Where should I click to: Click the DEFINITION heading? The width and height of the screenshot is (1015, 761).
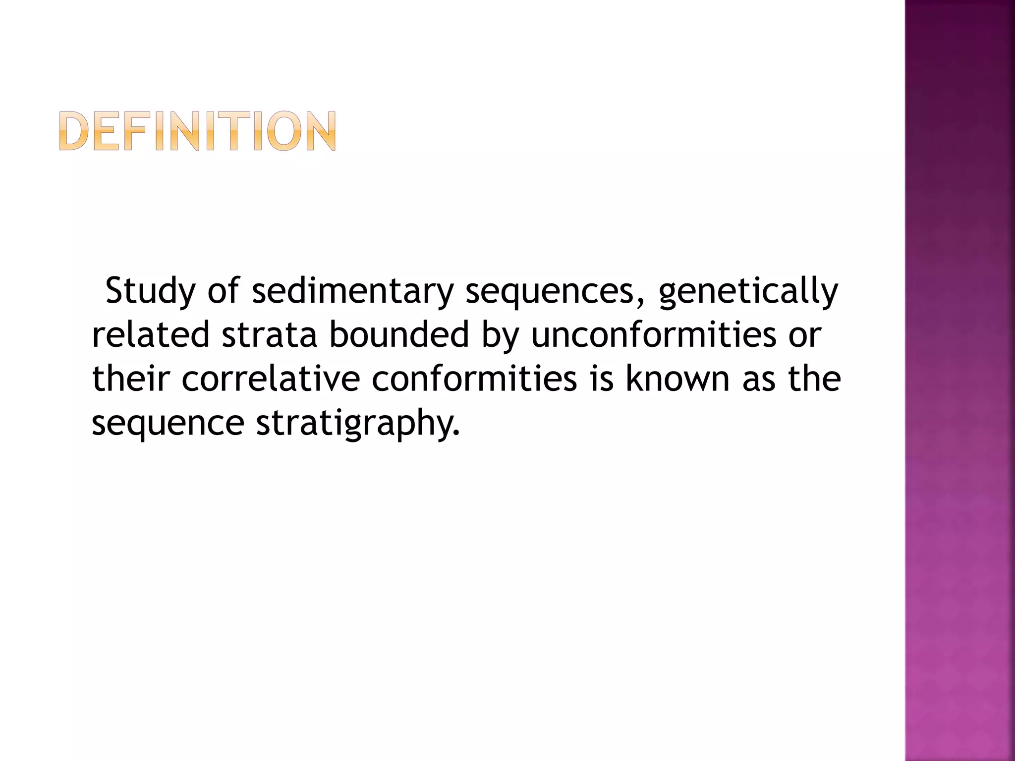click(198, 131)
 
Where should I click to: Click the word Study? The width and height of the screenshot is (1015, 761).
click(151, 292)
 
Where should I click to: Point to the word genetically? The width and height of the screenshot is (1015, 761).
click(748, 292)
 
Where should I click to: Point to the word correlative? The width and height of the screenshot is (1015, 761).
click(271, 379)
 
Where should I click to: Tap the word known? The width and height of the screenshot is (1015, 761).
click(678, 379)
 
